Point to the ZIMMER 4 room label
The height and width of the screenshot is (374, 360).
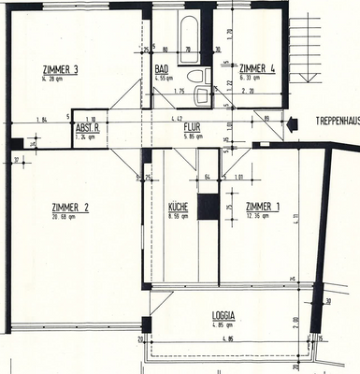click(x=258, y=69)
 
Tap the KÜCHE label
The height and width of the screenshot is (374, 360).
click(x=179, y=207)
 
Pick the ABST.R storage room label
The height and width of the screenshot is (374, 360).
click(x=89, y=128)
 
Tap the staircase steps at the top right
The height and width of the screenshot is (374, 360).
click(x=325, y=51)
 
